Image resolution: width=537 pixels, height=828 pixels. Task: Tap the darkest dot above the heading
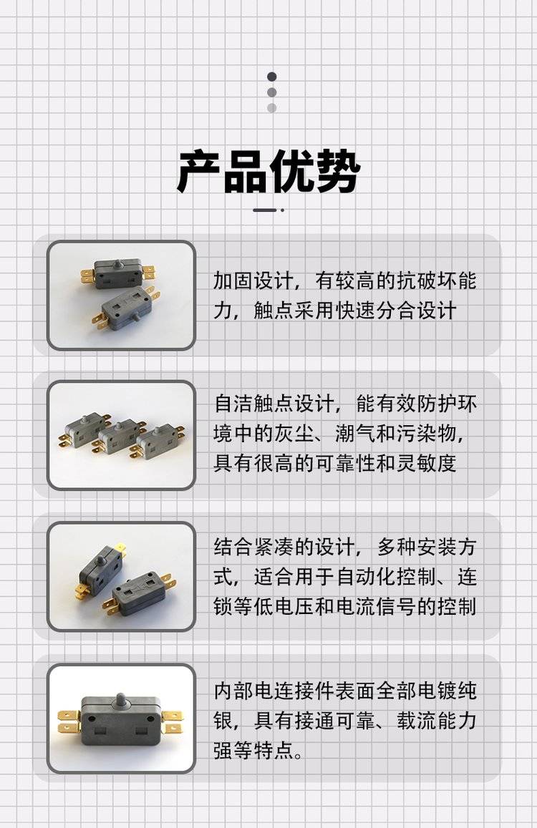pyautogui.click(x=271, y=77)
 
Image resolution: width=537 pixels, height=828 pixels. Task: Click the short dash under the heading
pyautogui.click(x=264, y=210)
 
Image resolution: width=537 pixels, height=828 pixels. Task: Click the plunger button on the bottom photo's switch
pyautogui.click(x=120, y=702)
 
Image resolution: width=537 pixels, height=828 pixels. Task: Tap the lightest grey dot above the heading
pyautogui.click(x=271, y=108)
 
